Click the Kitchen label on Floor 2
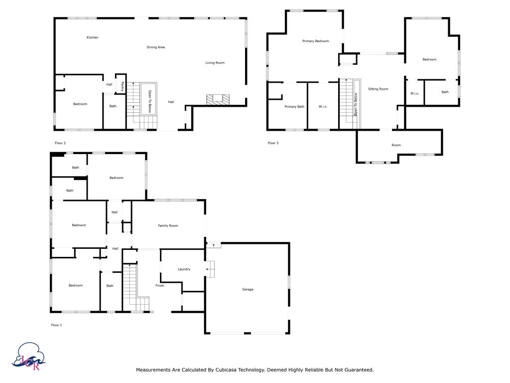click(x=92, y=37)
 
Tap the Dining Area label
click(x=155, y=47)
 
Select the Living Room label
click(x=215, y=63)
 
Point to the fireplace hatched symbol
click(x=218, y=100)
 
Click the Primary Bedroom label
click(x=315, y=41)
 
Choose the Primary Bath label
click(x=294, y=107)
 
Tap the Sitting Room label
click(x=378, y=89)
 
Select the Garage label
click(x=248, y=289)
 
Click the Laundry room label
click(x=184, y=269)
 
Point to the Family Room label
click(x=168, y=225)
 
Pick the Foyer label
click(x=160, y=285)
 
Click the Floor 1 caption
click(x=56, y=325)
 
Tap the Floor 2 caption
click(x=60, y=143)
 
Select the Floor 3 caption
click(x=273, y=143)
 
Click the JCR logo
click(x=28, y=356)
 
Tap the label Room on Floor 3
click(x=396, y=145)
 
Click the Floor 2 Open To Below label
click(x=149, y=101)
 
